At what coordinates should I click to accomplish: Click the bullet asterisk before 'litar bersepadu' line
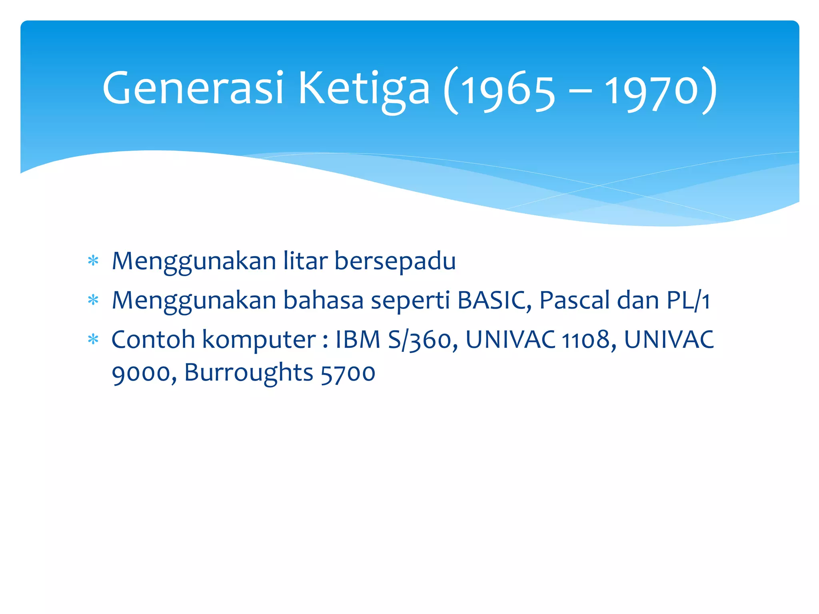point(93,261)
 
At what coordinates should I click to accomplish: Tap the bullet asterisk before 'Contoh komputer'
point(93,340)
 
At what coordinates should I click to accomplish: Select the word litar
point(305,261)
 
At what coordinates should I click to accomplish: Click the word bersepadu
point(395,261)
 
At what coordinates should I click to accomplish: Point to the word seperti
point(410,301)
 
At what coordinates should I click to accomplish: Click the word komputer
point(259,340)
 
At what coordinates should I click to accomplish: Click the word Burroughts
point(248,373)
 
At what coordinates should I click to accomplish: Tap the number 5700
point(348,373)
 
